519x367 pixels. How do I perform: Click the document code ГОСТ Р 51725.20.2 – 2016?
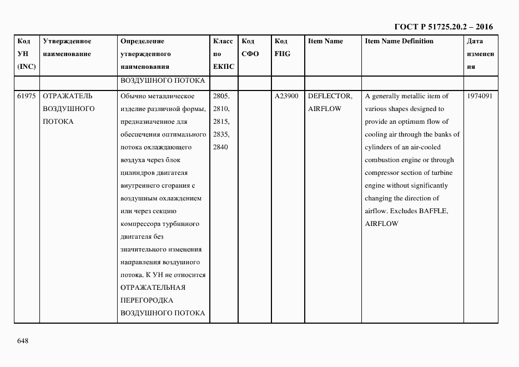coord(443,27)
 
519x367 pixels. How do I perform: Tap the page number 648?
coord(23,340)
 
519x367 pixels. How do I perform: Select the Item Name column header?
coord(325,41)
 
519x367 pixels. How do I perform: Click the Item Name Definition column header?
coord(399,41)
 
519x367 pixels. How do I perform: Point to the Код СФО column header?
coord(250,48)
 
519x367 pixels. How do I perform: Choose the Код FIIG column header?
coord(282,48)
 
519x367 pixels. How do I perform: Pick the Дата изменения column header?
coord(480,54)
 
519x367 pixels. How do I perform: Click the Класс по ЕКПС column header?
coord(223,54)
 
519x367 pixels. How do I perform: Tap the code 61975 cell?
coord(27,96)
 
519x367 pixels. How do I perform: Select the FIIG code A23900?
coord(286,96)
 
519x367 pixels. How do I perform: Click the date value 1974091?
coord(480,96)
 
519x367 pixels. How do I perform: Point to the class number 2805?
coord(221,96)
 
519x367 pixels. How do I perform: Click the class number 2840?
coord(221,147)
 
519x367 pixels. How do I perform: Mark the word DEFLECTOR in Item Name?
coord(330,96)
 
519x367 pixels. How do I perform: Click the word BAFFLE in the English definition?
coord(433,211)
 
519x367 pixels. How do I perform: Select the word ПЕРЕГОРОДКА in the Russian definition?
coord(147,300)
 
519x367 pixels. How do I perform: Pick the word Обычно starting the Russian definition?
coord(132,96)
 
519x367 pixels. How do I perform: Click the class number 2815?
coord(221,122)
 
